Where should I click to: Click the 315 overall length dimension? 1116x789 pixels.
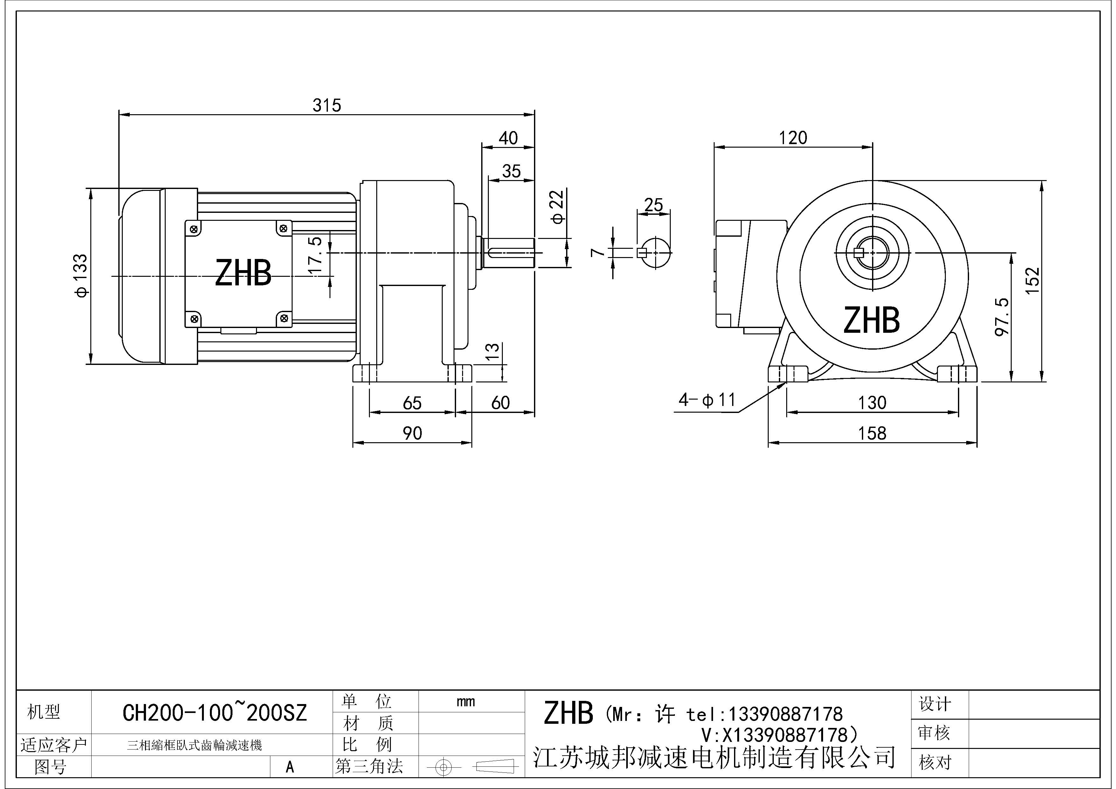coord(327,105)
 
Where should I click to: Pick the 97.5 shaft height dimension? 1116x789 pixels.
coord(1002,317)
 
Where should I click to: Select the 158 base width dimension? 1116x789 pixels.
coord(872,433)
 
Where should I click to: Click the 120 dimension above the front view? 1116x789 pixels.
coord(793,138)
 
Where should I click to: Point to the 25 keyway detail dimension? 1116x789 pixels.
coord(653,205)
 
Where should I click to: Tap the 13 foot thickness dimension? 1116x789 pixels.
coord(492,351)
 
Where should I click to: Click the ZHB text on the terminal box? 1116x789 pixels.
coord(243,273)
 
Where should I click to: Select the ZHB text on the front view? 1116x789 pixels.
coord(871,320)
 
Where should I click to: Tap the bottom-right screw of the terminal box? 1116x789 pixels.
coord(284,319)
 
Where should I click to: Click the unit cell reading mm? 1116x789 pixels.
coord(465,702)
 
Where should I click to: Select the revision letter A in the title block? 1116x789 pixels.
coord(290,767)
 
